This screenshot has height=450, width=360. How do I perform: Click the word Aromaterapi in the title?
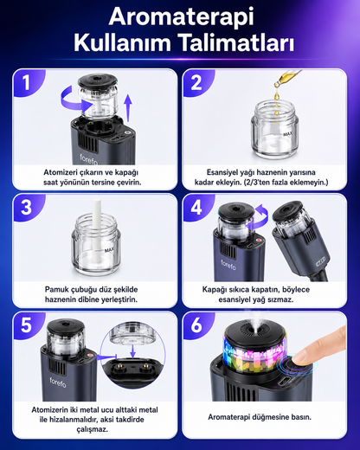point(181,17)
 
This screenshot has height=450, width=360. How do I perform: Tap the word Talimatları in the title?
point(237,42)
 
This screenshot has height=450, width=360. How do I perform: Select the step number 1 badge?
point(27,82)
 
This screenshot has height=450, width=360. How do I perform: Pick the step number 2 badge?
point(196,82)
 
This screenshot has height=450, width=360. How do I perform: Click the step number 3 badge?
point(27,207)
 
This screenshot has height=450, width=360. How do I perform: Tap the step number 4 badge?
point(196,207)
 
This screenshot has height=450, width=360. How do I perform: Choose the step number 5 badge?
point(27,325)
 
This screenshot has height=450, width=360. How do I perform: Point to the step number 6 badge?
point(196,325)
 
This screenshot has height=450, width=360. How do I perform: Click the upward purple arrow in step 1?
point(128,108)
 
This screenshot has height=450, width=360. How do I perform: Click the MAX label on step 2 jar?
point(287,134)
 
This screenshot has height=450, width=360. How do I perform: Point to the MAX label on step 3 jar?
point(110,250)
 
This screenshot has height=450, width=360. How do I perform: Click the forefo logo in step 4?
point(228,265)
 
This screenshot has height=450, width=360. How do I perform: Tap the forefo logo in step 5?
point(58,382)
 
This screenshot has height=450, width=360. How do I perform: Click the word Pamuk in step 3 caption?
point(56,289)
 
